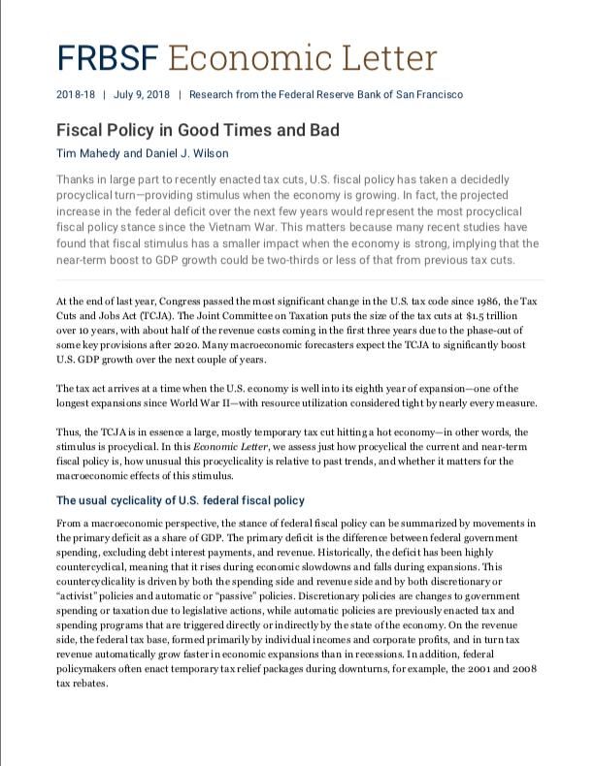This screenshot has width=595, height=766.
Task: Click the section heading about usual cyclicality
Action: [x=181, y=500]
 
